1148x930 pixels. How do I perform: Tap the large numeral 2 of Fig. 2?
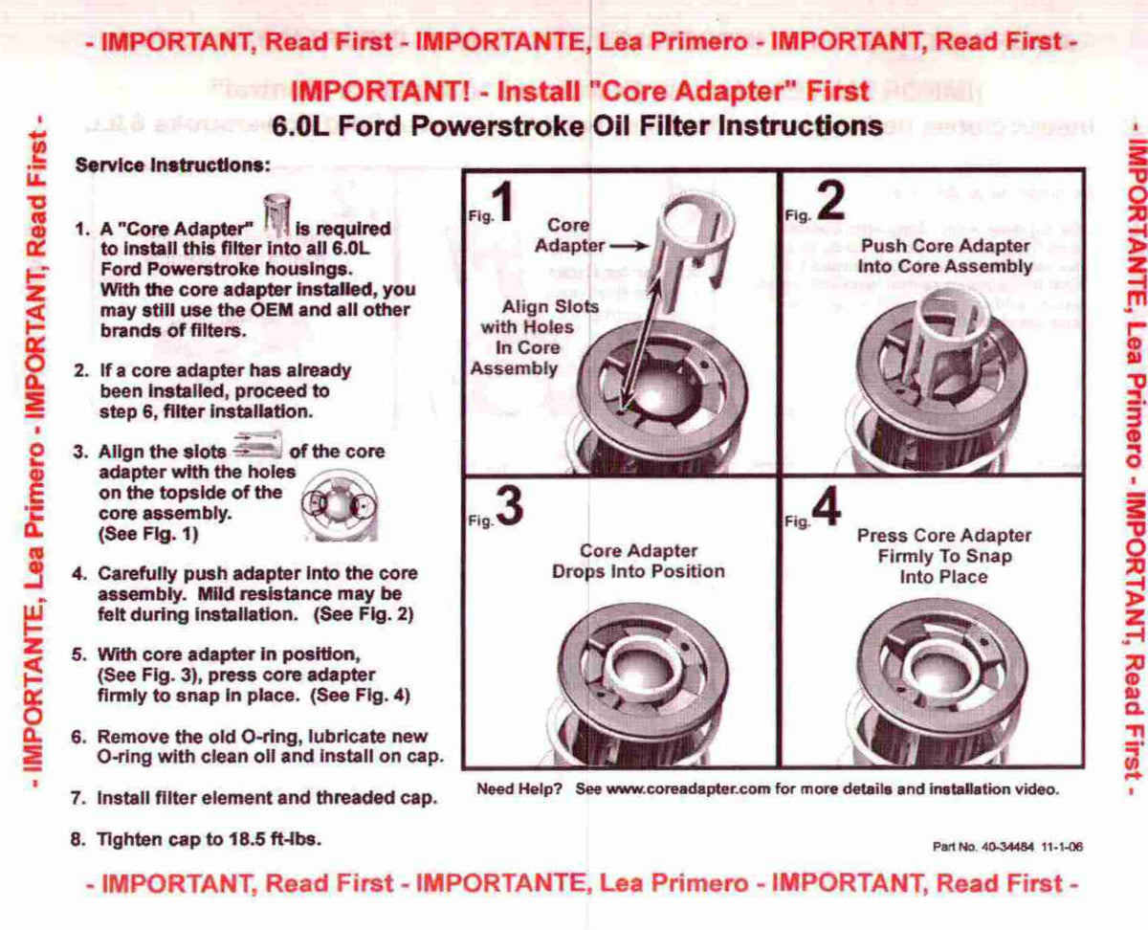[x=830, y=201]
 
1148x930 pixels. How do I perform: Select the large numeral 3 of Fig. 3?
[x=509, y=506]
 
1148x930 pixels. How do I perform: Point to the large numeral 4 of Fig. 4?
[x=827, y=506]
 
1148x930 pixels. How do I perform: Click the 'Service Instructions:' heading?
[x=173, y=165]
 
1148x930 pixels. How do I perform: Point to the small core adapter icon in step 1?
[x=277, y=216]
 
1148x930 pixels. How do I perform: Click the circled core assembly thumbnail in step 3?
[x=340, y=505]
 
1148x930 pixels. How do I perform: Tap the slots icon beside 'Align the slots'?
[x=257, y=445]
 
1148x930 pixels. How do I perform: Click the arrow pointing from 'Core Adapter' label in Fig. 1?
[x=629, y=247]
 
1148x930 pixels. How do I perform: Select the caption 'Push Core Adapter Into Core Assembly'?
[x=945, y=256]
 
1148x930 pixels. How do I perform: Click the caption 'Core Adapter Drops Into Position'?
[x=638, y=562]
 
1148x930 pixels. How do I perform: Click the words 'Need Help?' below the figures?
[x=519, y=789]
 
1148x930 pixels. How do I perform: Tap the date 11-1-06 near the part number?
[x=1062, y=847]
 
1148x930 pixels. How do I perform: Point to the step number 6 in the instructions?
[x=78, y=737]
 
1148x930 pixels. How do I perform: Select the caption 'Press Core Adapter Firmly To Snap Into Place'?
[x=944, y=557]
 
